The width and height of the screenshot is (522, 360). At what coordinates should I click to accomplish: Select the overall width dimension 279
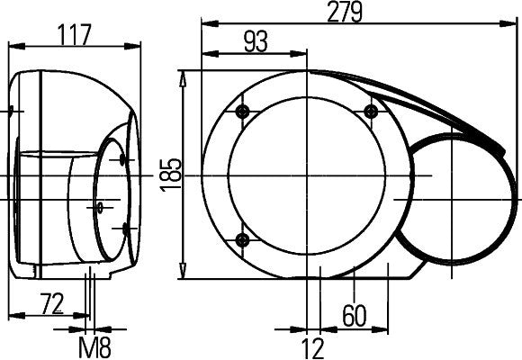pyautogui.click(x=345, y=12)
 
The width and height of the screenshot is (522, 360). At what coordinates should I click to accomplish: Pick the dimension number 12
pyautogui.click(x=312, y=346)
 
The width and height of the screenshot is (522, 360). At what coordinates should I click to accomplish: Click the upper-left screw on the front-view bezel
pyautogui.click(x=240, y=111)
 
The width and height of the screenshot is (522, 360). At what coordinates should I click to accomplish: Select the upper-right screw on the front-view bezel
pyautogui.click(x=370, y=111)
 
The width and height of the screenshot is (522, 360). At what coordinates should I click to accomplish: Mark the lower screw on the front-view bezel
pyautogui.click(x=241, y=238)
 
